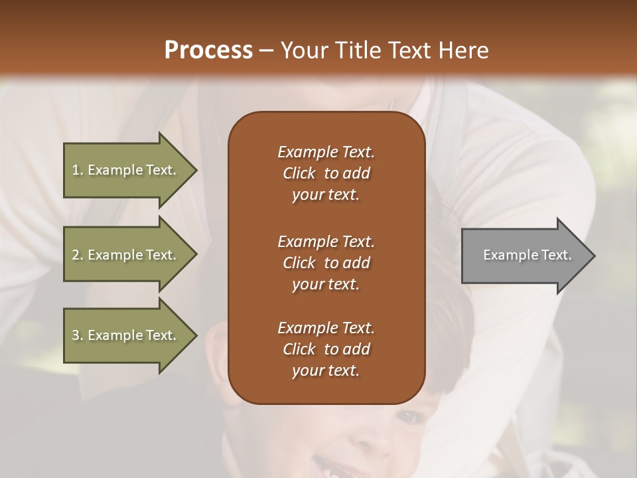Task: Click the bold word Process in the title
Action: (208, 50)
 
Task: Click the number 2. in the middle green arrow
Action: (78, 255)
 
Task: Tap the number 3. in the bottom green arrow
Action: (78, 335)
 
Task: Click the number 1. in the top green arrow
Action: (78, 170)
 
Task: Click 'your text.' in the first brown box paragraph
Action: (326, 195)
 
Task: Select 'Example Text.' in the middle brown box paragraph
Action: (326, 241)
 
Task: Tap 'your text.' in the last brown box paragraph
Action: (326, 371)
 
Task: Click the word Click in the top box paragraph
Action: (299, 173)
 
